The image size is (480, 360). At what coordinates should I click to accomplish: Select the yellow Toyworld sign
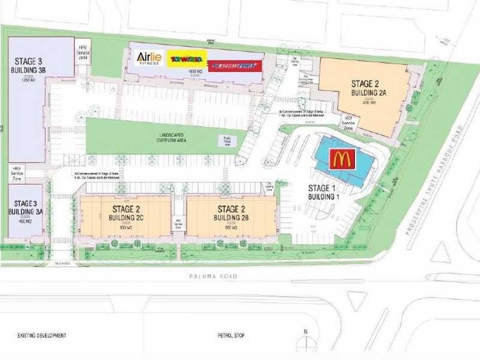(187, 59)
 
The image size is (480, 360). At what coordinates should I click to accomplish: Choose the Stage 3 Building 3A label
(25, 208)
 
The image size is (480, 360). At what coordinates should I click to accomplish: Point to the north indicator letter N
(305, 331)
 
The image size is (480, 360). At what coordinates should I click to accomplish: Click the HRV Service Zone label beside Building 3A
(17, 174)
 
